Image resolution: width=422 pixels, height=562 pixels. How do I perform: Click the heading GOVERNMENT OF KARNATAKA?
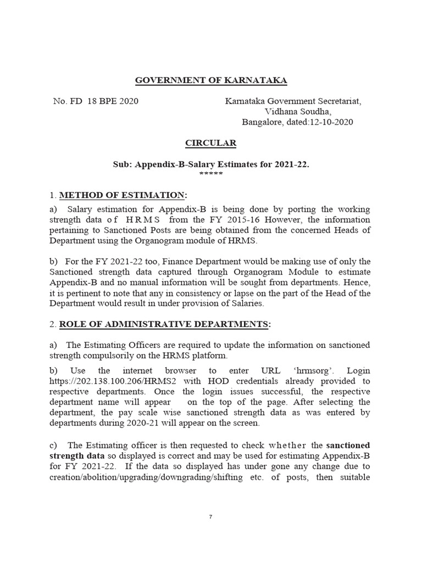tap(211, 81)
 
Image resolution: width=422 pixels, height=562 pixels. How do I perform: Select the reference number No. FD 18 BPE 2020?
tap(96, 102)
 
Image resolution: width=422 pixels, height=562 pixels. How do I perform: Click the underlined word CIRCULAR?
tap(211, 143)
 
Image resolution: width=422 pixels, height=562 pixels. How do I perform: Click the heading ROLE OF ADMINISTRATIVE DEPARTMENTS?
tap(164, 324)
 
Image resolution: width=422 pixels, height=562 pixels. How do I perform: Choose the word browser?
tap(182, 371)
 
